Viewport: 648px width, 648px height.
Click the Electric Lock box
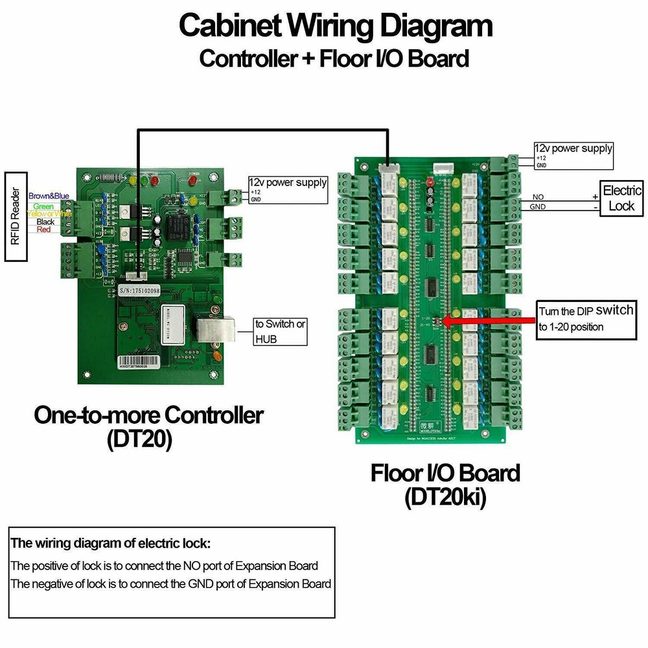pyautogui.click(x=621, y=198)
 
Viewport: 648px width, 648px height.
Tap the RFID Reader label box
pyautogui.click(x=17, y=216)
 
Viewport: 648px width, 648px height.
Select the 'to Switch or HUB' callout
pyautogui.click(x=281, y=331)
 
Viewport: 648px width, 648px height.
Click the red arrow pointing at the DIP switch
pyautogui.click(x=486, y=319)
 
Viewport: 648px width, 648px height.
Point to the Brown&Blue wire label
pyautogui.click(x=49, y=196)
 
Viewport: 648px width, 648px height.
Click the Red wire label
pyautogui.click(x=44, y=230)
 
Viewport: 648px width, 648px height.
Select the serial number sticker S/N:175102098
pyautogui.click(x=140, y=292)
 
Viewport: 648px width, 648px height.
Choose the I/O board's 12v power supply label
pyautogui.click(x=573, y=148)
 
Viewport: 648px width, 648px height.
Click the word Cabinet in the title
pyautogui.click(x=230, y=27)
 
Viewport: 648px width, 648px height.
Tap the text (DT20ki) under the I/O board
pyautogui.click(x=445, y=498)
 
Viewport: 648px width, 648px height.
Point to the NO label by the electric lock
pyautogui.click(x=538, y=196)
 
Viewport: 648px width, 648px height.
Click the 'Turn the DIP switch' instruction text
pyautogui.click(x=585, y=318)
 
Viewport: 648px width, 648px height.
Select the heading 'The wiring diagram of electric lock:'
pyautogui.click(x=111, y=543)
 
